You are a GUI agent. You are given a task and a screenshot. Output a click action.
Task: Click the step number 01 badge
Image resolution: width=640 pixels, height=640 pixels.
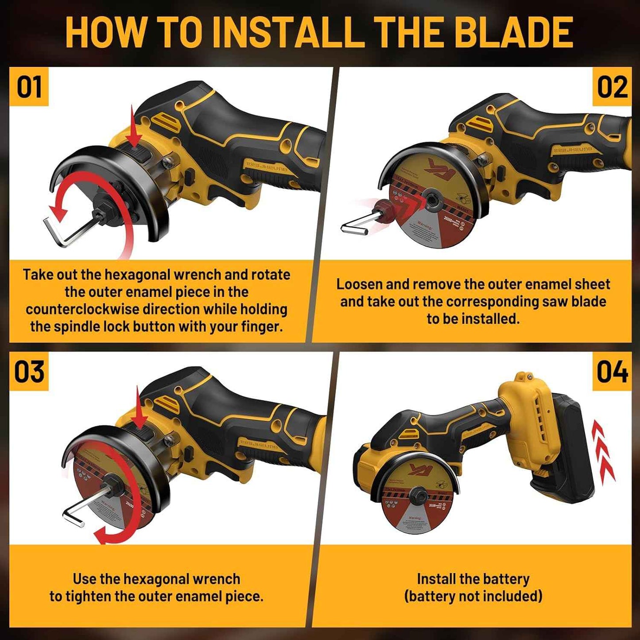tap(29, 87)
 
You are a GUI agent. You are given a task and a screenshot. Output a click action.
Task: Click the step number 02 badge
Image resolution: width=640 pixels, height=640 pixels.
tap(612, 87)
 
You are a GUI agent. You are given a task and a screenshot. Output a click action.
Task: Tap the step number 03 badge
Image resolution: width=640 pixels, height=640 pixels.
tap(29, 372)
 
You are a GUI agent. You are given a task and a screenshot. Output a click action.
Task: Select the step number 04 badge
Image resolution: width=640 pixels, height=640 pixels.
tap(612, 372)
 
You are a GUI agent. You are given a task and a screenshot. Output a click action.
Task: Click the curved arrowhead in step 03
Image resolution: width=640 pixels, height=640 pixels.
tap(103, 535)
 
